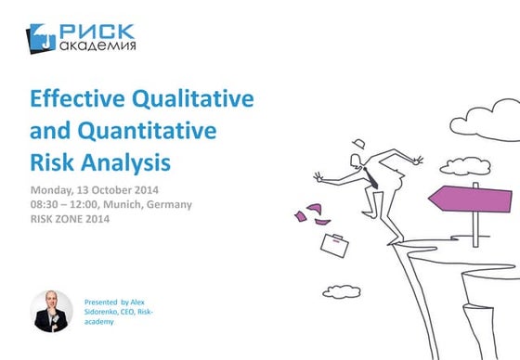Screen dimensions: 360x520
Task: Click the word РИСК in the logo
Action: [97, 32]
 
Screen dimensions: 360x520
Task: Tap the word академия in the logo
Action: [97, 45]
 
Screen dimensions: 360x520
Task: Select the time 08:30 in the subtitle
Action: [46, 204]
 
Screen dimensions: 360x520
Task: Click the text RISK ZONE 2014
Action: [71, 219]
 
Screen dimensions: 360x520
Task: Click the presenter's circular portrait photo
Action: [52, 311]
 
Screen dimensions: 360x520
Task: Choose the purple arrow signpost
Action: [473, 198]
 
